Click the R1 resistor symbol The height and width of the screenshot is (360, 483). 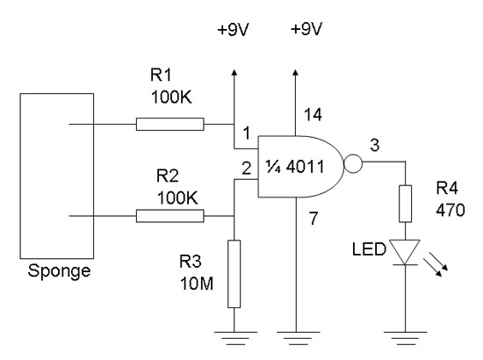[x=169, y=124]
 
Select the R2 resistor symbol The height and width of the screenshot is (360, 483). [x=169, y=216]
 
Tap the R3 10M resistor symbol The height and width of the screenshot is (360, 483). [x=234, y=274]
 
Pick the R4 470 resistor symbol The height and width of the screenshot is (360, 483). [x=405, y=204]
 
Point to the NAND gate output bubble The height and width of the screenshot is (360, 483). [x=353, y=163]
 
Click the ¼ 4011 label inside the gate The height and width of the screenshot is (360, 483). [x=295, y=167]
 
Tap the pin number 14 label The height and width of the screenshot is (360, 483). [x=313, y=114]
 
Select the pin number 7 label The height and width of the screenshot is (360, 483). [x=314, y=219]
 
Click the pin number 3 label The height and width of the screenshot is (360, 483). [x=375, y=145]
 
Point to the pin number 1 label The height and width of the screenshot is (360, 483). [x=247, y=133]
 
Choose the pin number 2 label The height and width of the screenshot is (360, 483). [x=247, y=168]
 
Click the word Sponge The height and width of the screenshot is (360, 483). [x=59, y=271]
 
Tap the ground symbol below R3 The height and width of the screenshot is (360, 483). [x=235, y=338]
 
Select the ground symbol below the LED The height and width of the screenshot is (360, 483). [x=405, y=338]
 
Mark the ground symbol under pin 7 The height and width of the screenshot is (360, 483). [x=299, y=338]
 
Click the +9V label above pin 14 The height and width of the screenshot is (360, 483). [x=306, y=29]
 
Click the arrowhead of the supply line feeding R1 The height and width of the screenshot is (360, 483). [x=234, y=73]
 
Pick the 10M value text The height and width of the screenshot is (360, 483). [x=197, y=284]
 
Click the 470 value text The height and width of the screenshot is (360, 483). [x=451, y=210]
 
